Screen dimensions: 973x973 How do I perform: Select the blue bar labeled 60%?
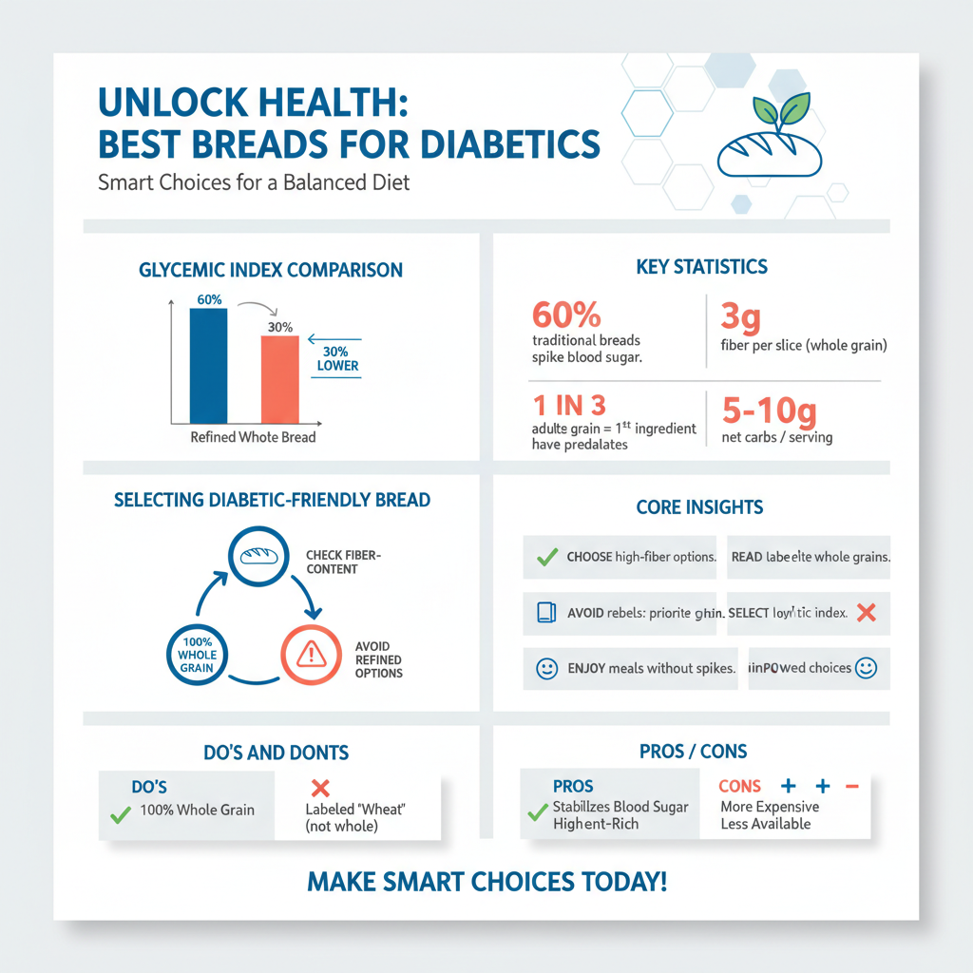coord(209,365)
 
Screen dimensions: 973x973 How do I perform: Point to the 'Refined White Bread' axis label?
coord(253,438)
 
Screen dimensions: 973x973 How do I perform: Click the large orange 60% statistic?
coord(568,315)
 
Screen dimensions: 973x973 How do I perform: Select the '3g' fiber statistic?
coord(741,316)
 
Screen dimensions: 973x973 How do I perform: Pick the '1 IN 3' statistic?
coord(568,406)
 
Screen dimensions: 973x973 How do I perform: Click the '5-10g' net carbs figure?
coord(768,410)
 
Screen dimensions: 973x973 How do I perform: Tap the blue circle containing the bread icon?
coord(258,557)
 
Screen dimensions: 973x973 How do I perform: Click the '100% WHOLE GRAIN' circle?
coord(198,655)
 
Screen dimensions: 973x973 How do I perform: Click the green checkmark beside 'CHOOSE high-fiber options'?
coord(546,557)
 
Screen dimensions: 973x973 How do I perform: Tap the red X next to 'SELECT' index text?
coord(865,613)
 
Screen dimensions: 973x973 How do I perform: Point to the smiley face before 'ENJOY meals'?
coord(546,668)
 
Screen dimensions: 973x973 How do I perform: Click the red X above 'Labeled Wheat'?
coord(320,788)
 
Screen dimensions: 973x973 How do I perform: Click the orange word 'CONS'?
coord(739,787)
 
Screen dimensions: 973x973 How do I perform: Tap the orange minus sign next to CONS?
coord(851,786)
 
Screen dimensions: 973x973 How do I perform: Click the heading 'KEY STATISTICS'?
coord(702,267)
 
